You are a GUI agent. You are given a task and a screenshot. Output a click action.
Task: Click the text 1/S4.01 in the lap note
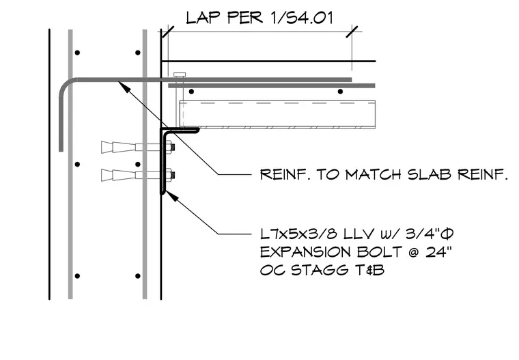pyautogui.click(x=301, y=18)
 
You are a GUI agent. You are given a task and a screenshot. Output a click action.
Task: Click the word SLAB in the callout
pyautogui.click(x=429, y=174)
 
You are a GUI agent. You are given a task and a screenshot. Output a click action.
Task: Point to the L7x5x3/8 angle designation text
pyautogui.click(x=298, y=234)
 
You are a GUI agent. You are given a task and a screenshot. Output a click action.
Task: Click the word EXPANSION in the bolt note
pyautogui.click(x=305, y=252)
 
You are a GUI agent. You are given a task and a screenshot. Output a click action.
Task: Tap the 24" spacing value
pyautogui.click(x=438, y=252)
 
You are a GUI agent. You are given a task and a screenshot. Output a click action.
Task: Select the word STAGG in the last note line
pyautogui.click(x=320, y=270)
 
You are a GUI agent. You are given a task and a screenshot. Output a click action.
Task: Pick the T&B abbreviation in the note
pyautogui.click(x=369, y=270)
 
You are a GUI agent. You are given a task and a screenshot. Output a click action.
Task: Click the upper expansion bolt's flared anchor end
pyautogui.click(x=107, y=147)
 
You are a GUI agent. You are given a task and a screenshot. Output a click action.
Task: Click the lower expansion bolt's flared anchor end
pyautogui.click(x=107, y=175)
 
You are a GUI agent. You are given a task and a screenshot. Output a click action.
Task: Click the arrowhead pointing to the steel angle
pyautogui.click(x=171, y=197)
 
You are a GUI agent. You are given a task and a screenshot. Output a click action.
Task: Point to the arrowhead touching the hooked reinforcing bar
pyautogui.click(x=124, y=86)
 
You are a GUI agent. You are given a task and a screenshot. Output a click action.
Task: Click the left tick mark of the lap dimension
pyautogui.click(x=168, y=32)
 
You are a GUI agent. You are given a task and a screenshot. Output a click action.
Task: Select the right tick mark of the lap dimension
pyautogui.click(x=352, y=32)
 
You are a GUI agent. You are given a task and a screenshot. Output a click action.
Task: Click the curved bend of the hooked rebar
pyautogui.click(x=65, y=85)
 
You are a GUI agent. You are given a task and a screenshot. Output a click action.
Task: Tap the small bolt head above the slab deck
pyautogui.click(x=180, y=74)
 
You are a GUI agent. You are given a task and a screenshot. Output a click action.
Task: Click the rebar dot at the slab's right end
pyautogui.click(x=340, y=92)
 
